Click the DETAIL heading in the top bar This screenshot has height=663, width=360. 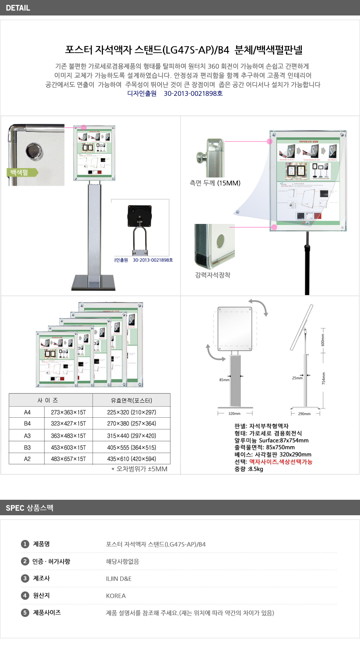point(18,8)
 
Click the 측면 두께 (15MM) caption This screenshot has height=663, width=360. point(215,183)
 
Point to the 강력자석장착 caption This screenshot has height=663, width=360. point(213,275)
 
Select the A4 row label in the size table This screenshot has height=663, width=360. point(27,412)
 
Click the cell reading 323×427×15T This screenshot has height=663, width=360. point(68,424)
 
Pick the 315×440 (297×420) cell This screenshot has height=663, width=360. point(131,436)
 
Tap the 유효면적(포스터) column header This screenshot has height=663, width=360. point(131,401)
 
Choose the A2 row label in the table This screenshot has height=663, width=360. point(27,459)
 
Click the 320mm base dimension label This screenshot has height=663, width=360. point(234,414)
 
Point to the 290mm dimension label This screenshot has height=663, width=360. point(304,414)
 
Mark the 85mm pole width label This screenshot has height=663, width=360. point(224,380)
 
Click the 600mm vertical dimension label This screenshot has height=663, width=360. point(323,340)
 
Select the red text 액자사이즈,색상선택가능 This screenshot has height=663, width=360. point(281,462)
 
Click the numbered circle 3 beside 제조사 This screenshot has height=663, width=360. point(25,578)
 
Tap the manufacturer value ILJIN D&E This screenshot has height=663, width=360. point(119,579)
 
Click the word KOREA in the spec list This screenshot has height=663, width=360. point(116,596)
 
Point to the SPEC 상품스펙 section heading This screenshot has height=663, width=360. point(30,508)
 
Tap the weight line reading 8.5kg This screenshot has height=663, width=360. point(249,469)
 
